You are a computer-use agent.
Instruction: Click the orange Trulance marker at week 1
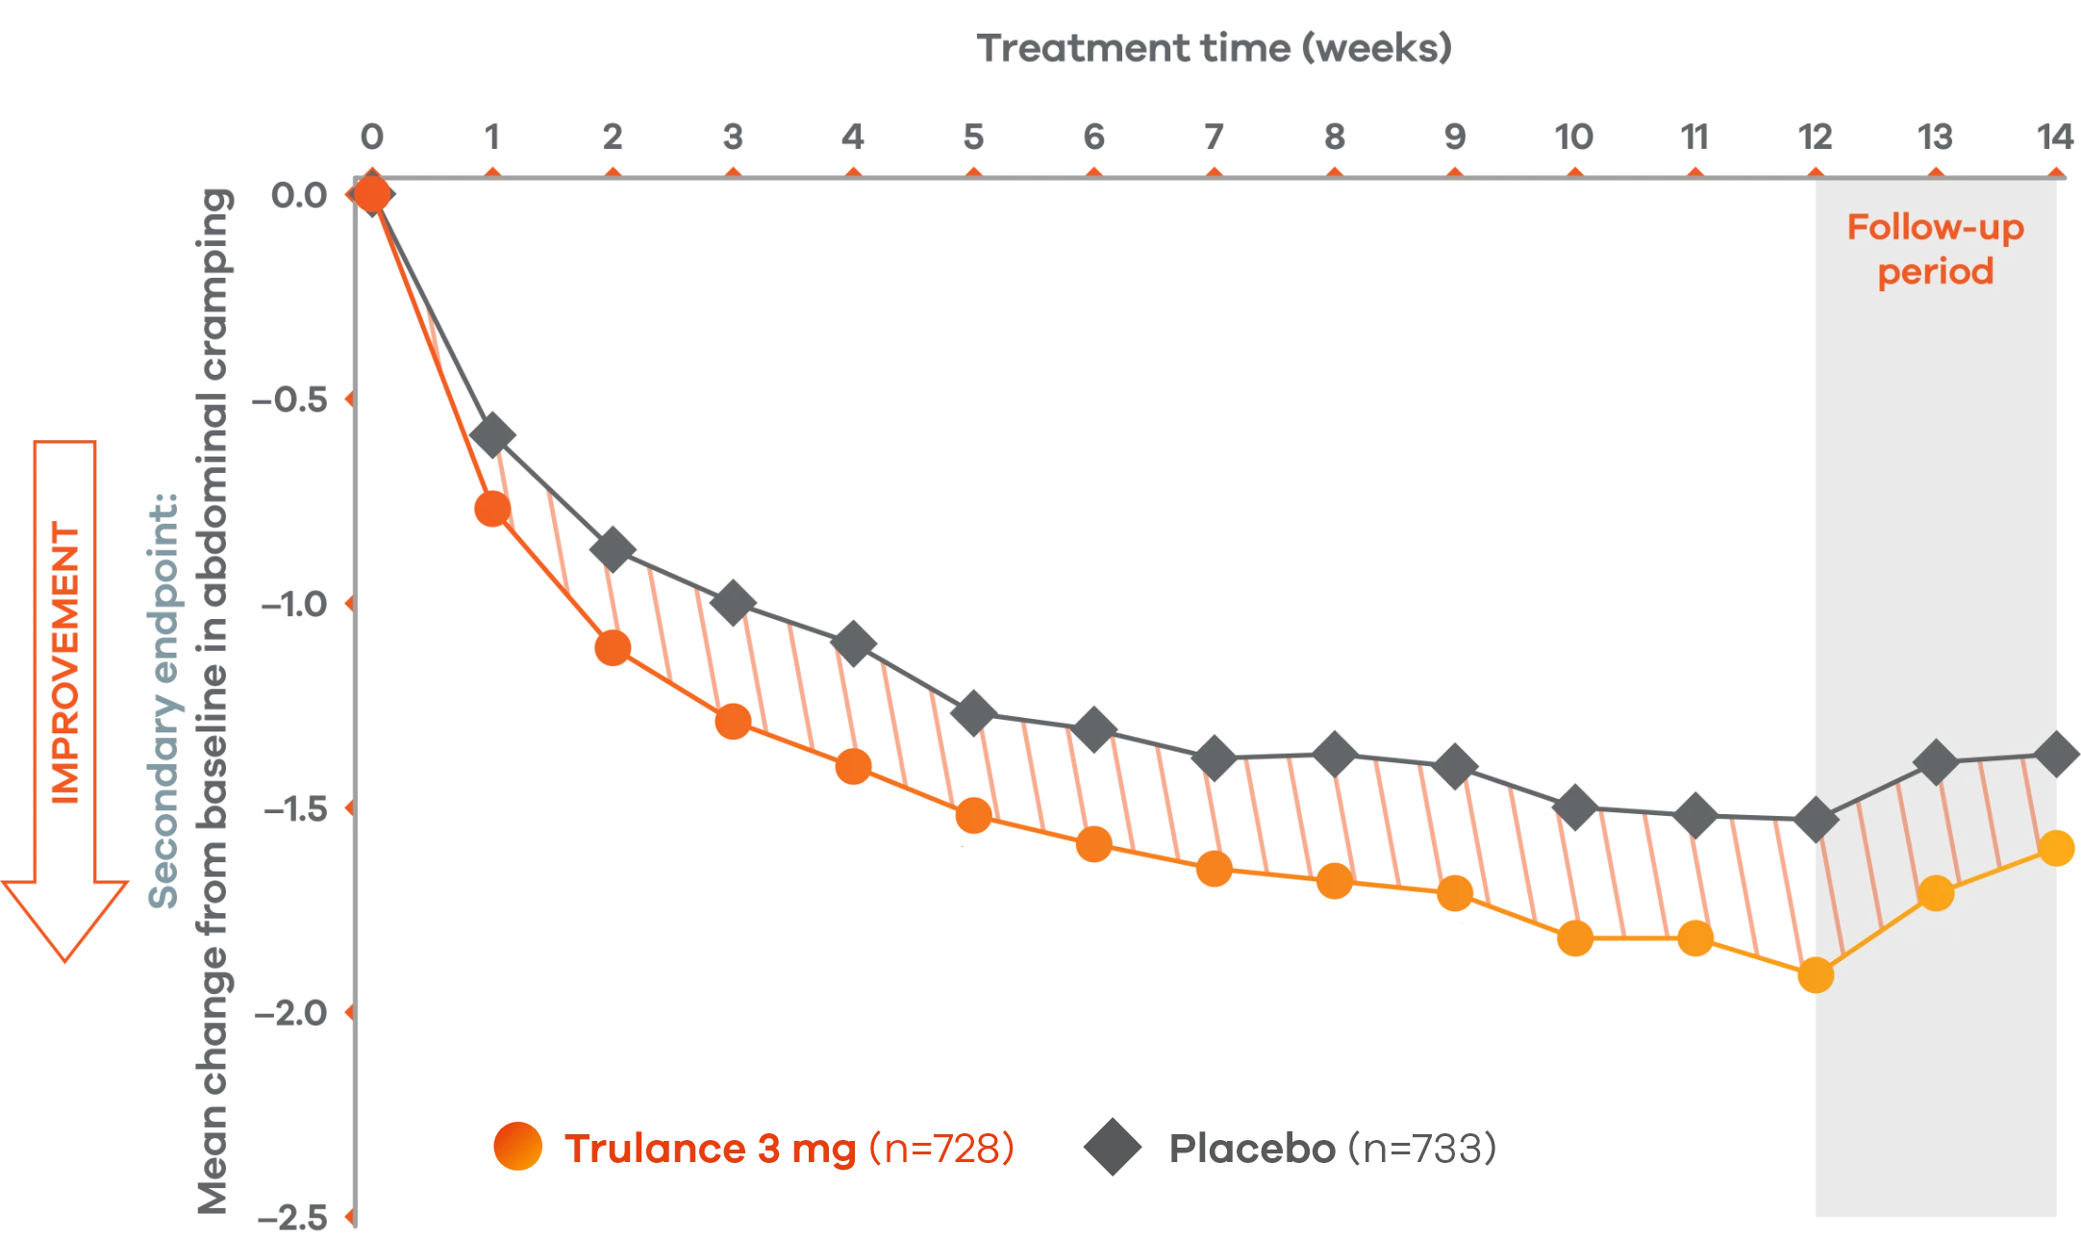click(x=491, y=509)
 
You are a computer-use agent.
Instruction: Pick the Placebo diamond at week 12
click(x=1815, y=819)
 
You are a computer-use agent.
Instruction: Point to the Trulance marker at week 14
click(x=2057, y=848)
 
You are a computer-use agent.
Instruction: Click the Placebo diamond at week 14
click(x=2057, y=754)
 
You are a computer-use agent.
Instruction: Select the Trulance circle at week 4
click(x=853, y=767)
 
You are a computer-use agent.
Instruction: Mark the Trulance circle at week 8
click(x=1334, y=880)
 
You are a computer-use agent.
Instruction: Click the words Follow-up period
click(x=1935, y=250)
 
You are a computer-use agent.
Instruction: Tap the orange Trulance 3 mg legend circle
click(x=517, y=1147)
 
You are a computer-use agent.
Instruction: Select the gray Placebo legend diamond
click(x=1112, y=1147)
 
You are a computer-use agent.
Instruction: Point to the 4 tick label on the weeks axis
click(x=853, y=140)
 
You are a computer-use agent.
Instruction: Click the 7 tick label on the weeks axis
click(x=1214, y=140)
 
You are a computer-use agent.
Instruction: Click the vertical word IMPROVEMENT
click(x=66, y=663)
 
